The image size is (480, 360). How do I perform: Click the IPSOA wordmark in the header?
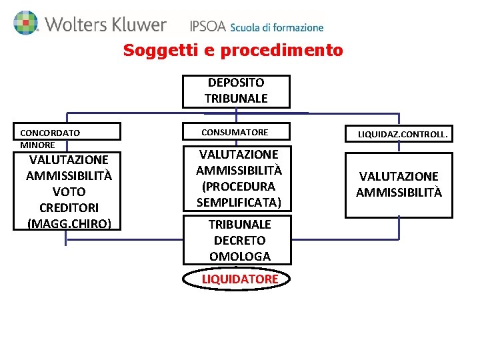click(x=207, y=27)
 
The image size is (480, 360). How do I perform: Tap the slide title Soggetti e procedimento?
click(x=233, y=50)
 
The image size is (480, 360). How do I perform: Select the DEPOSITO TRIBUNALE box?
click(x=236, y=91)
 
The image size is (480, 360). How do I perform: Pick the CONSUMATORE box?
click(x=236, y=132)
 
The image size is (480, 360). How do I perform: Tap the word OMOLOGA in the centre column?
click(x=240, y=256)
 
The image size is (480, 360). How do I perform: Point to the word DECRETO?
click(x=240, y=240)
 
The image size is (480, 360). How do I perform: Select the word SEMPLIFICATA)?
click(x=239, y=202)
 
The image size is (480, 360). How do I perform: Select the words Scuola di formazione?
click(x=277, y=28)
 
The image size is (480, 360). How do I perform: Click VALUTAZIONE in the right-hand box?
click(x=399, y=177)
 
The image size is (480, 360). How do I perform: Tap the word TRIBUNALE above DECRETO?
click(x=240, y=224)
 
